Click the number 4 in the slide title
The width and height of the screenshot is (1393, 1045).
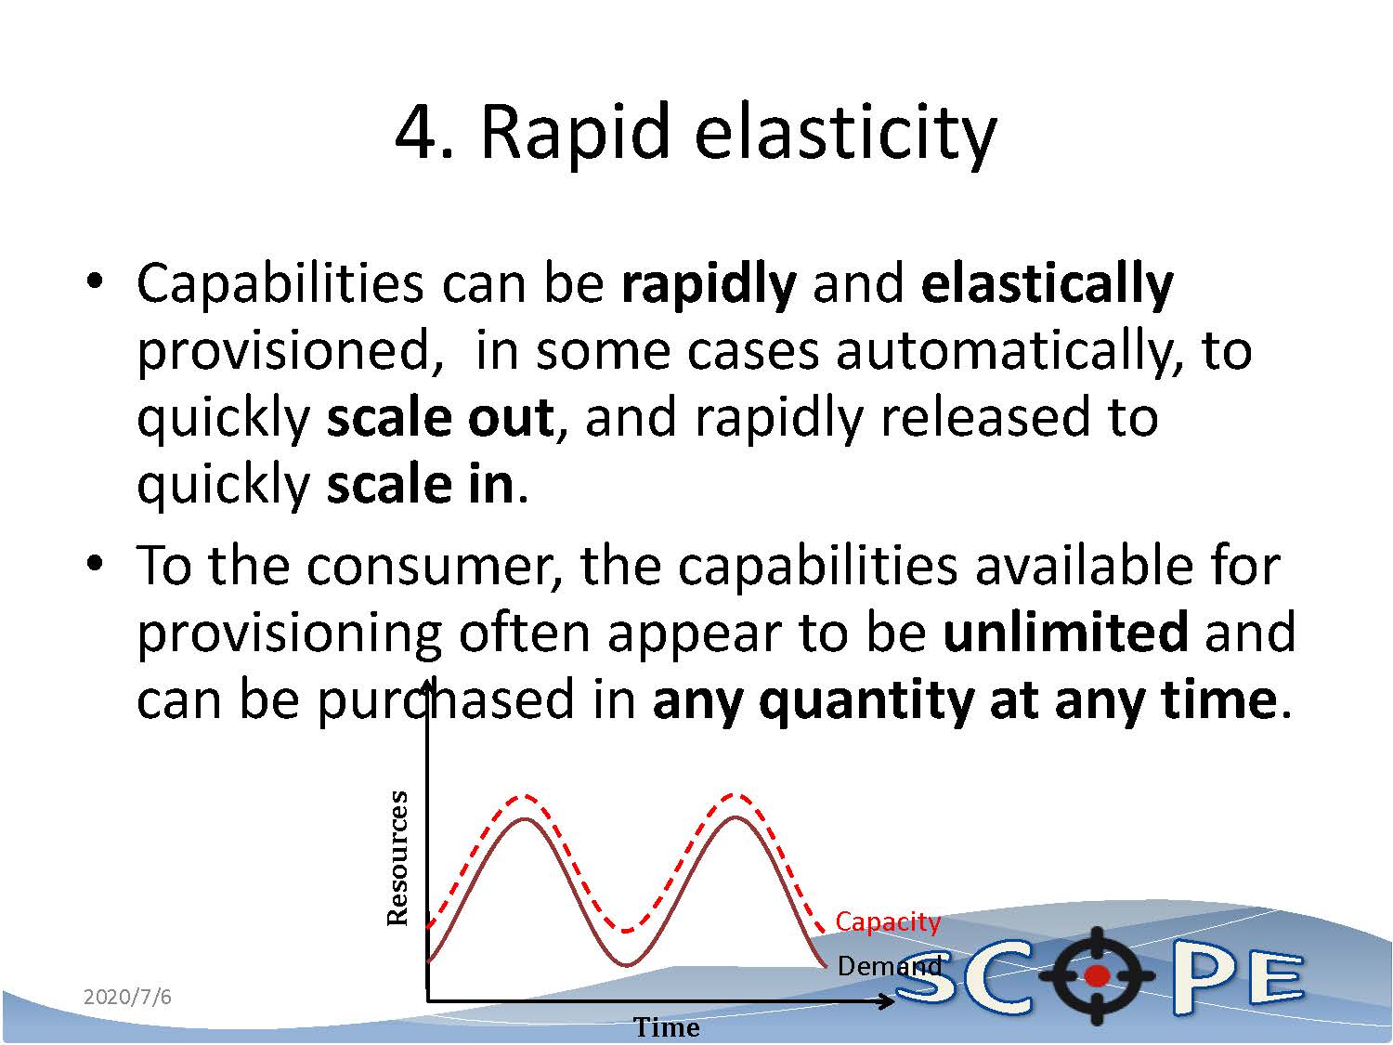[419, 133]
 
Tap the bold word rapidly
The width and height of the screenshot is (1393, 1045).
[709, 286]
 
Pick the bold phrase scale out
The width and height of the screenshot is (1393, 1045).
[440, 417]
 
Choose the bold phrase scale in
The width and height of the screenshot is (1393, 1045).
[420, 485]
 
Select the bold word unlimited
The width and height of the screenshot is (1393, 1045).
[1065, 632]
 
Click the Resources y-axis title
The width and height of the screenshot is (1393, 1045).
[397, 858]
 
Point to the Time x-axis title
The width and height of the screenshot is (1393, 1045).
[667, 1027]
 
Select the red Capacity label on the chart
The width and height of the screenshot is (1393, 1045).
[887, 921]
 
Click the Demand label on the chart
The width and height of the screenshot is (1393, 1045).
[889, 966]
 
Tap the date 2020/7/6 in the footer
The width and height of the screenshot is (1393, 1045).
[127, 997]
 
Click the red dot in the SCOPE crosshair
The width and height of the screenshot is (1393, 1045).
[1096, 975]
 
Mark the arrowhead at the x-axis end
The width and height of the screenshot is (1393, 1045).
[886, 1002]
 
